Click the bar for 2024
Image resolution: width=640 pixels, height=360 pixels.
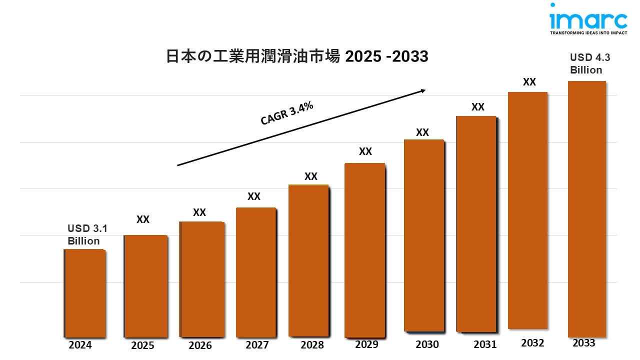pyautogui.click(x=85, y=293)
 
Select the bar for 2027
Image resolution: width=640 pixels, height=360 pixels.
pyautogui.click(x=255, y=272)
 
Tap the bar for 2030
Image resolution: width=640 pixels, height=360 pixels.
pyautogui.click(x=423, y=235)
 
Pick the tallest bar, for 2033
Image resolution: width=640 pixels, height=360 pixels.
pyautogui.click(x=587, y=209)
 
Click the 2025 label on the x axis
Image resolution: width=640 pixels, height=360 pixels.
pyautogui.click(x=142, y=345)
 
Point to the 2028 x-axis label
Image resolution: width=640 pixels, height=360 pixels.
pyautogui.click(x=312, y=345)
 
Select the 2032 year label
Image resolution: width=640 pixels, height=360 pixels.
pyautogui.click(x=532, y=343)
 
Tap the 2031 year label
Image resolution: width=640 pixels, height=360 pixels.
pyautogui.click(x=485, y=344)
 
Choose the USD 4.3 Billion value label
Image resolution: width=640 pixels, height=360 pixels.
pyautogui.click(x=590, y=64)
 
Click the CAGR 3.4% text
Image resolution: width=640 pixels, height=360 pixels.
pyautogui.click(x=287, y=113)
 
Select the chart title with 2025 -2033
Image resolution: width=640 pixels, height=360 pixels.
pyautogui.click(x=297, y=57)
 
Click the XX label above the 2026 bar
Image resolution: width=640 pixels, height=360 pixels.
pyautogui.click(x=199, y=212)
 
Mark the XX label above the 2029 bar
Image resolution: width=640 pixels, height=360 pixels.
pyautogui.click(x=365, y=151)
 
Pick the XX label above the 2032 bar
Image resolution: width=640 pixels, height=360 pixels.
pyautogui.click(x=529, y=82)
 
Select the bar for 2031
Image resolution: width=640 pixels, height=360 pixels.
pyautogui.click(x=476, y=224)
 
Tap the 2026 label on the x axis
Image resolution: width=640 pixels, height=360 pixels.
pyautogui.click(x=200, y=345)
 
